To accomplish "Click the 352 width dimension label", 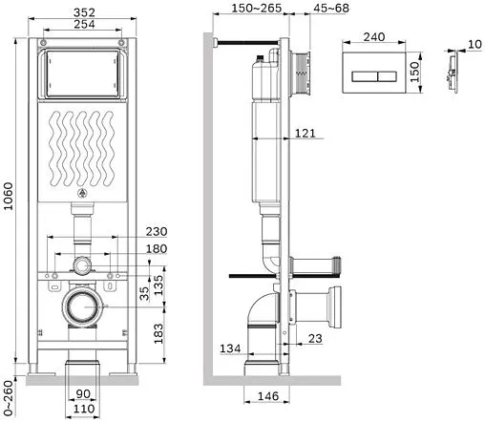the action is click(x=84, y=12).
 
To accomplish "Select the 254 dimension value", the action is click(x=84, y=24).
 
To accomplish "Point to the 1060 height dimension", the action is click(x=9, y=196).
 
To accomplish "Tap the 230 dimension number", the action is click(x=157, y=231).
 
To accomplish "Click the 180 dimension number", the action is click(x=157, y=248).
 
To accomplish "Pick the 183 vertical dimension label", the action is click(x=158, y=333).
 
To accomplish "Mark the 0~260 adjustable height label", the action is click(x=9, y=398).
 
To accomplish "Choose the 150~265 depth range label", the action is click(x=257, y=9).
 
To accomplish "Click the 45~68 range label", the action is click(x=331, y=9).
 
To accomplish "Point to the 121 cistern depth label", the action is click(x=305, y=133).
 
